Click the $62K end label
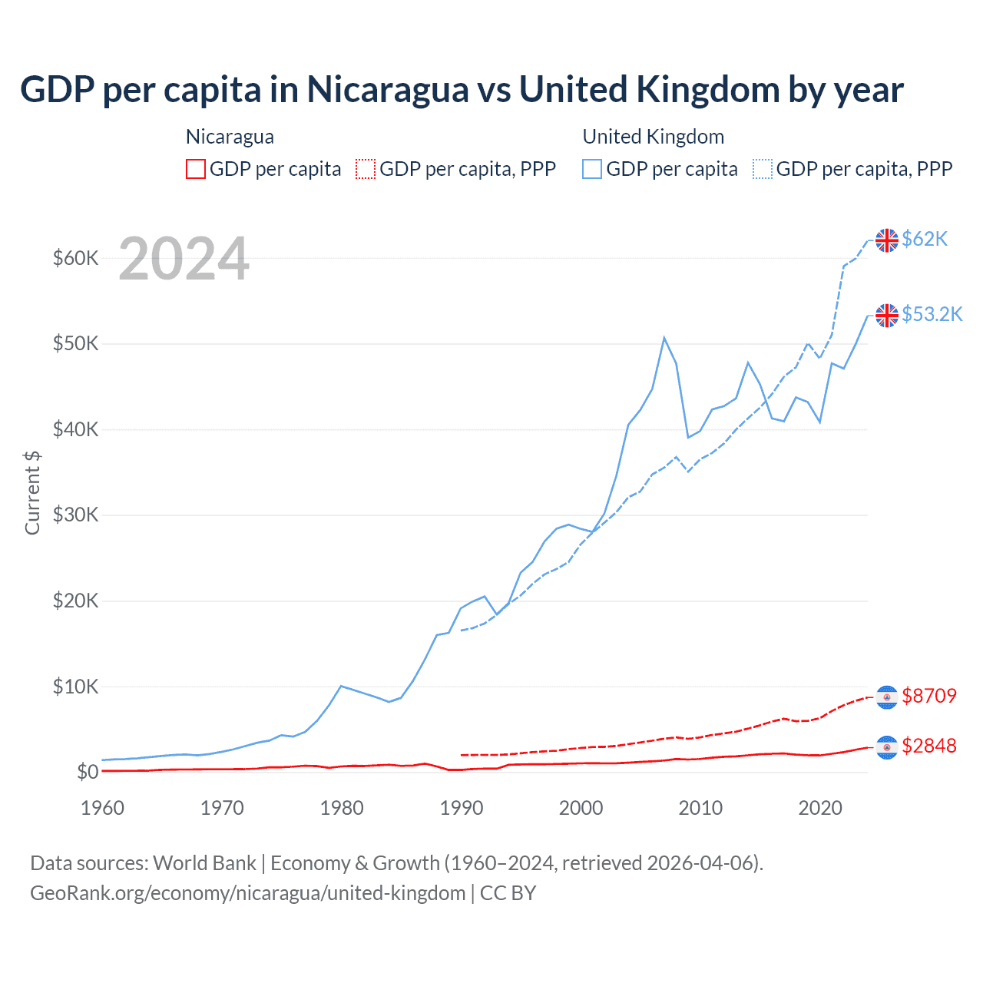(x=925, y=240)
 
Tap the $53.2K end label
(x=932, y=315)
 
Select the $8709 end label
(x=929, y=696)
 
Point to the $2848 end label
(x=929, y=746)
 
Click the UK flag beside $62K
(x=887, y=240)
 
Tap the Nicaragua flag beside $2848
(x=887, y=747)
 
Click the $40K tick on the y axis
(x=75, y=429)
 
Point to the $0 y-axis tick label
(x=88, y=772)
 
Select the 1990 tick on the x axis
(x=462, y=808)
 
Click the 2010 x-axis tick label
(x=700, y=808)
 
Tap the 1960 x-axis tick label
(x=102, y=808)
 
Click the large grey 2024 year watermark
(x=184, y=259)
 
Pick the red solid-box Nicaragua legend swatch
(x=196, y=169)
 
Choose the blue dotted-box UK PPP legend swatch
(x=763, y=169)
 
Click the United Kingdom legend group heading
(x=654, y=137)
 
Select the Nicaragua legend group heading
(x=230, y=137)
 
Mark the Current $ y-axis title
(x=32, y=493)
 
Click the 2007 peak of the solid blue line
(x=664, y=338)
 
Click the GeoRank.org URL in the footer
(x=248, y=893)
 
